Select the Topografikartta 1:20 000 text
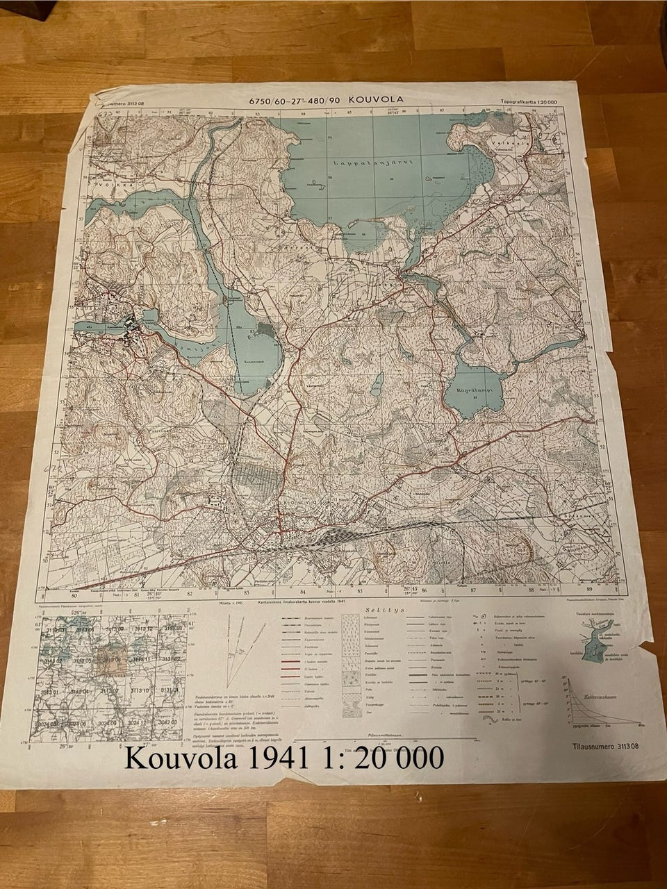[534, 102]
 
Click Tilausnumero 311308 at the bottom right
[596, 747]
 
